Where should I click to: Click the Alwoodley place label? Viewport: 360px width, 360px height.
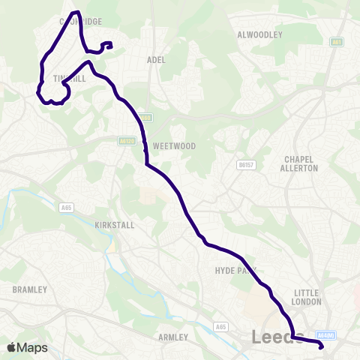(x=259, y=34)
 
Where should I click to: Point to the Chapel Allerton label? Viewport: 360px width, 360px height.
(x=301, y=163)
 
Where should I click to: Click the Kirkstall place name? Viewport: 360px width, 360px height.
(x=113, y=225)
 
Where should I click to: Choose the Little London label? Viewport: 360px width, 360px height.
(x=307, y=297)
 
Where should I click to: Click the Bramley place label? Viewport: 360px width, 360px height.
(x=30, y=289)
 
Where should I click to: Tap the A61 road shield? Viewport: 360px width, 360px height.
(x=337, y=43)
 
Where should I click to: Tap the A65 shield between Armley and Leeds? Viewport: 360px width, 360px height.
(x=220, y=327)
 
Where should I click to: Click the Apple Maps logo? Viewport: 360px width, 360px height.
(x=27, y=347)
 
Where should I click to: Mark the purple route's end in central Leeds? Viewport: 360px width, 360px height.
(x=321, y=346)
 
